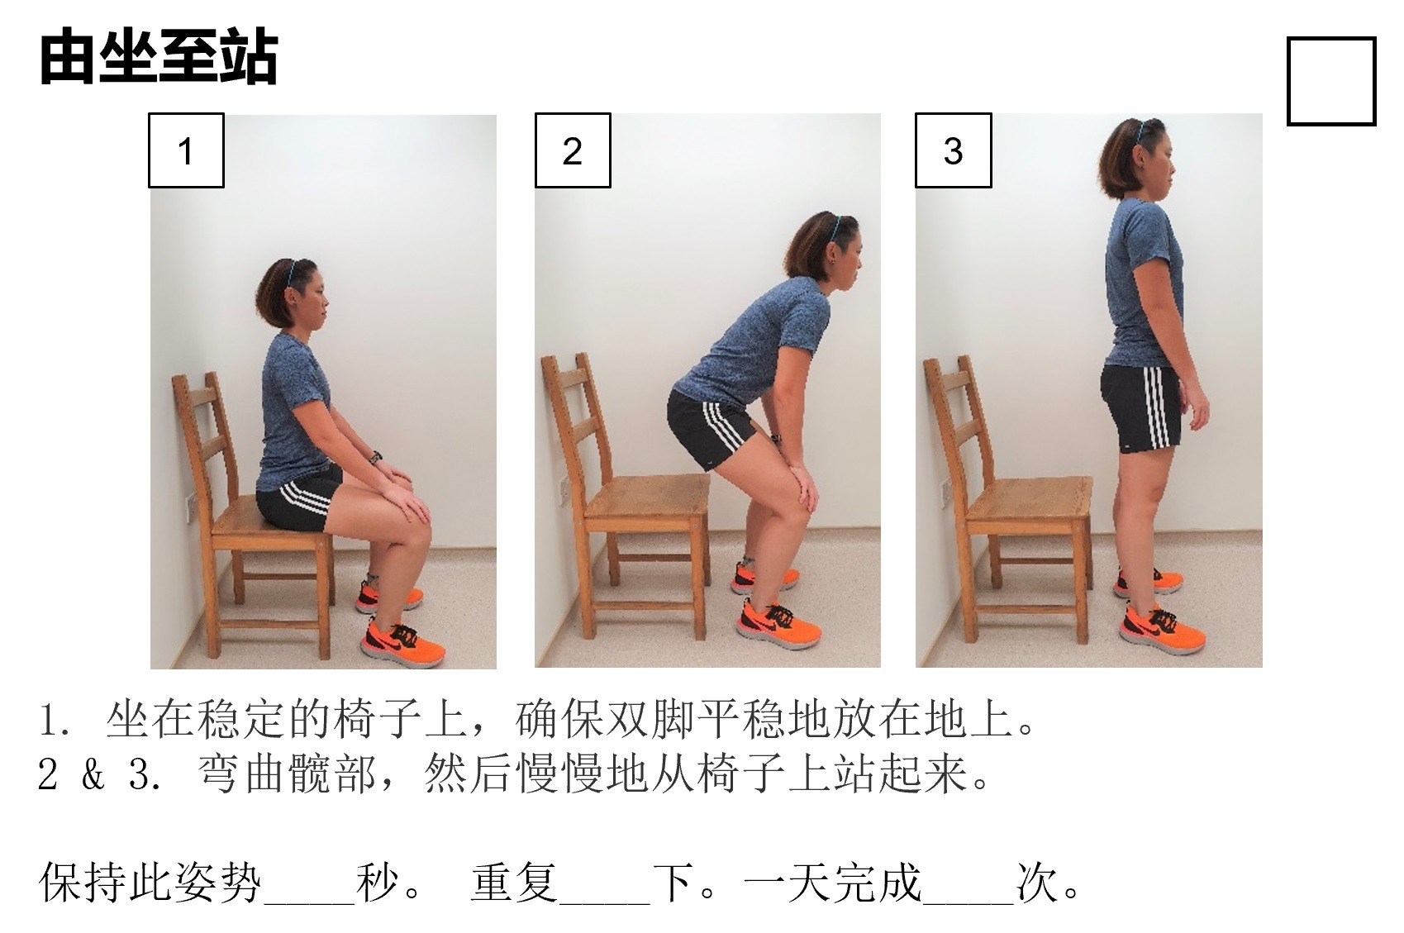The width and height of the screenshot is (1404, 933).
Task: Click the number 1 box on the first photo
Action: (x=186, y=150)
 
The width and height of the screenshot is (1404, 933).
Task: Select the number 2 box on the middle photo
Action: (x=572, y=150)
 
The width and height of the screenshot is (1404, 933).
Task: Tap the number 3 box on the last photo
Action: (x=953, y=150)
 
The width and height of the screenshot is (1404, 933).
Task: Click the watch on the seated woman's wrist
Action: (x=376, y=457)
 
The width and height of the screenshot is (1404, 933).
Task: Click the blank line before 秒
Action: (x=310, y=902)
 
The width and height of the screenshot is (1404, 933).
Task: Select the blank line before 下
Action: (x=605, y=902)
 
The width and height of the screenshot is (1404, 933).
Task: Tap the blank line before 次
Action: (x=969, y=902)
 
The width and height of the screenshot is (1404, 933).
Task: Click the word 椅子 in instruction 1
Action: (x=378, y=719)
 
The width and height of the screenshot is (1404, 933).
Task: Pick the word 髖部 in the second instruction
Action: (x=333, y=774)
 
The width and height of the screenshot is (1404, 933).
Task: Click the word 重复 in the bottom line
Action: (x=515, y=883)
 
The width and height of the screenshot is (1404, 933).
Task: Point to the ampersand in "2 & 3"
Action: (x=93, y=775)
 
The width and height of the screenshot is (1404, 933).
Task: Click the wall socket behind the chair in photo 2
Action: (x=564, y=488)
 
